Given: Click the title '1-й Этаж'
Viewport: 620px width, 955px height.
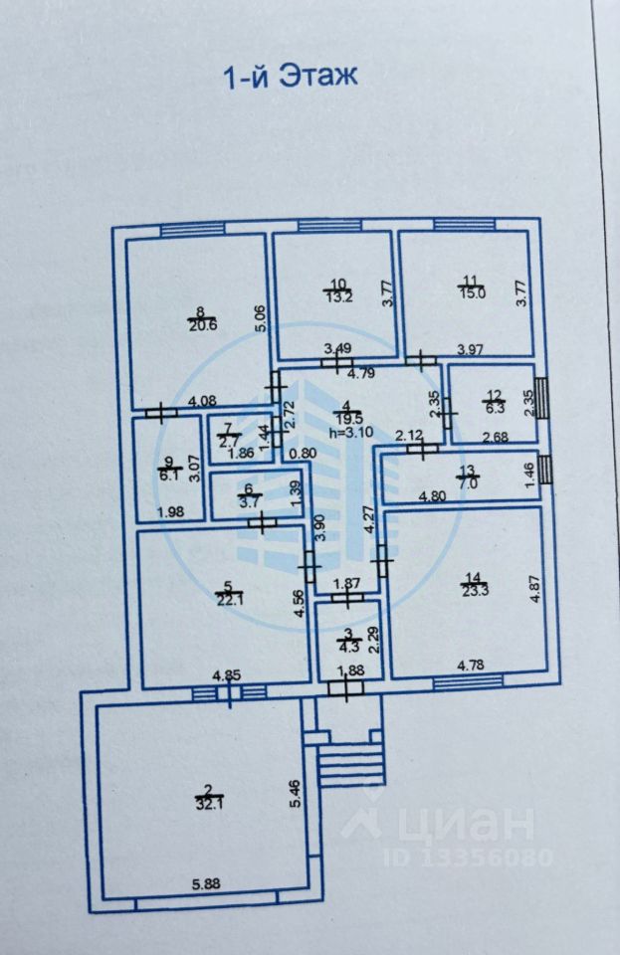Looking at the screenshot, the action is click(288, 76).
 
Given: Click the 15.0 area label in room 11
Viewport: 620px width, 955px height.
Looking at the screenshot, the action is click(472, 292).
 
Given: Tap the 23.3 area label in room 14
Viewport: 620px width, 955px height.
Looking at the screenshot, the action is click(472, 589).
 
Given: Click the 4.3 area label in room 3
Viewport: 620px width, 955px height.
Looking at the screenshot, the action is click(347, 643).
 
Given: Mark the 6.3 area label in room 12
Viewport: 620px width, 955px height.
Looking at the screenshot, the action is click(495, 408).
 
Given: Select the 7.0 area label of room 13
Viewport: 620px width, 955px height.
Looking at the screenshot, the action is click(468, 482).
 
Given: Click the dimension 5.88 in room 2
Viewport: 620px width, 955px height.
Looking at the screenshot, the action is click(207, 882).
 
